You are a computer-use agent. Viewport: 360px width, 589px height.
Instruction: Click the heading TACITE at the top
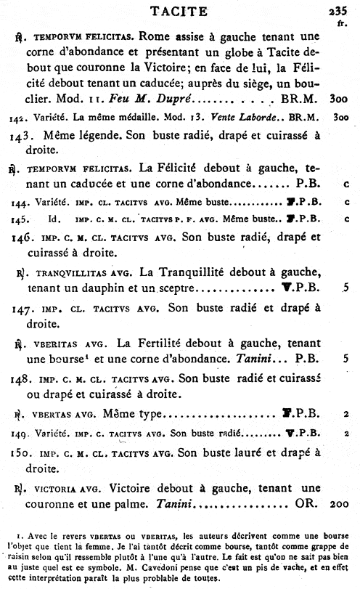point(179,10)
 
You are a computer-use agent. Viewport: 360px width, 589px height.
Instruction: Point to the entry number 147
point(22,308)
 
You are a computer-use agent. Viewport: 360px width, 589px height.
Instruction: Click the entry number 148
point(22,379)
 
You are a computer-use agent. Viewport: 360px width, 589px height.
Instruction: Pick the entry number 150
point(22,450)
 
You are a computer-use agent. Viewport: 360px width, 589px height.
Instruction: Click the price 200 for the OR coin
point(340,503)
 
